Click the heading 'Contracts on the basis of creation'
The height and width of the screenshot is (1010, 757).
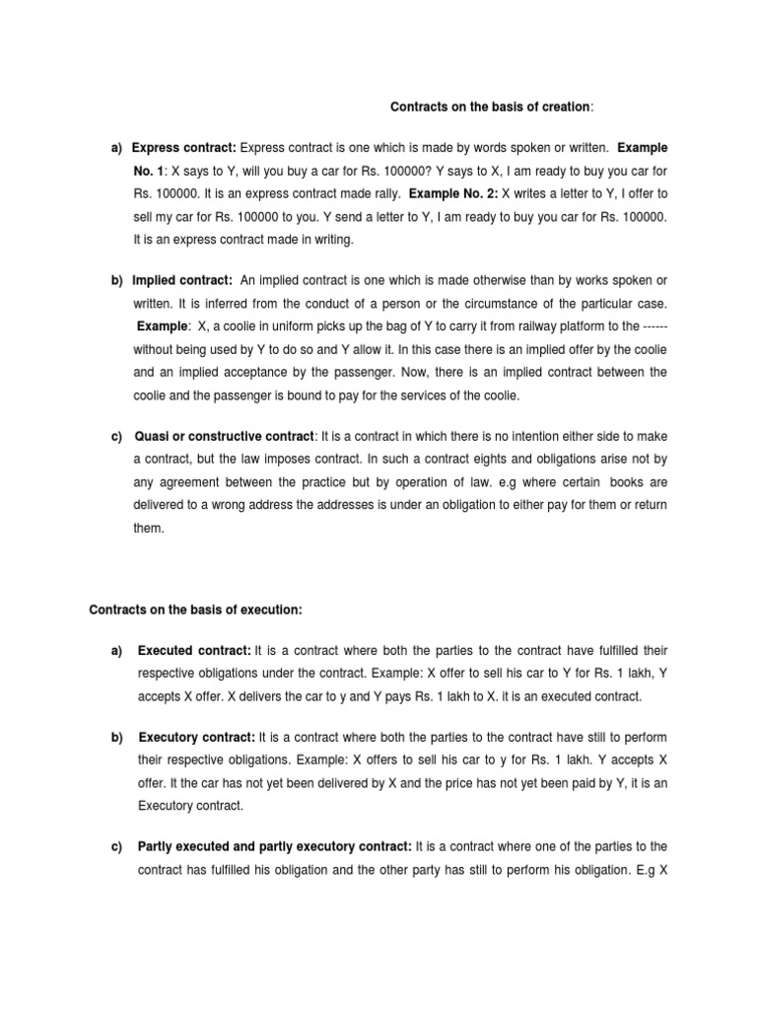[x=490, y=107]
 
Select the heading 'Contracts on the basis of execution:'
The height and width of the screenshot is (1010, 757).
[x=196, y=611]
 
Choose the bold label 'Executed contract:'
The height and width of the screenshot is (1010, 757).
[x=195, y=651]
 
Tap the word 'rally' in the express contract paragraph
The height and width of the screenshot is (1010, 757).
[x=383, y=193]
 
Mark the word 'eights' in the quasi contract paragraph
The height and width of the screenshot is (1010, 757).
[x=479, y=460]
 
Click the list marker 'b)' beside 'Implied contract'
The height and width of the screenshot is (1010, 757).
[x=117, y=281]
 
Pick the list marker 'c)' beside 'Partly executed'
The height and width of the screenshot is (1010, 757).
[x=117, y=846]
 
